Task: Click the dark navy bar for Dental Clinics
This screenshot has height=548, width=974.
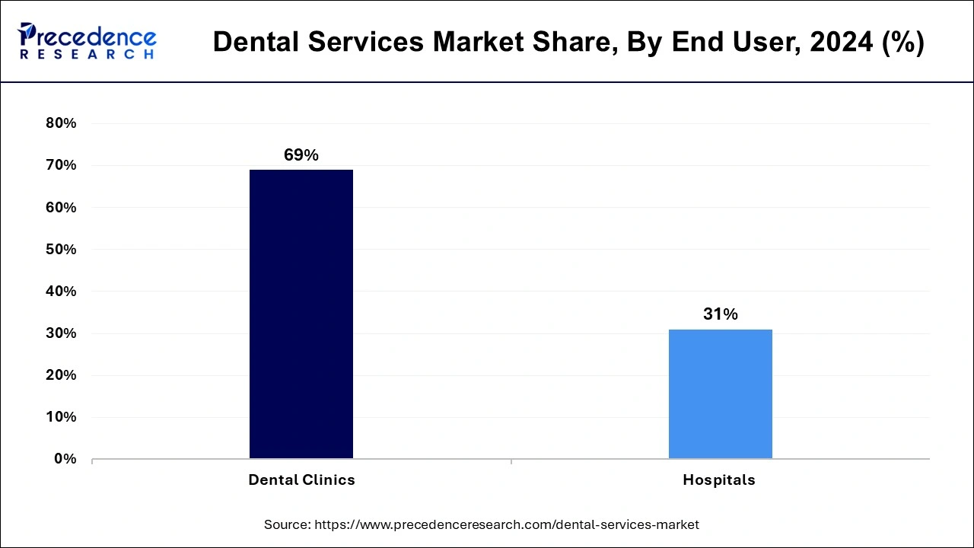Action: point(301,314)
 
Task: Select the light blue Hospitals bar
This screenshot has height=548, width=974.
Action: point(720,393)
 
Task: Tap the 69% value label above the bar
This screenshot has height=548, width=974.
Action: point(301,155)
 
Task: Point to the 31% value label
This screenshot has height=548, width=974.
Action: point(720,314)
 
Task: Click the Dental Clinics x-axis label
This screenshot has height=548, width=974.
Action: point(301,480)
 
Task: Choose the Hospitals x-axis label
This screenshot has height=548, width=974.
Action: point(719,480)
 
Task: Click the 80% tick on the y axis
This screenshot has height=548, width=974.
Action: point(62,123)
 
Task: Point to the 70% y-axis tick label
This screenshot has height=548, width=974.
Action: point(62,165)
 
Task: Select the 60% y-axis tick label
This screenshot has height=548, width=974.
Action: point(62,207)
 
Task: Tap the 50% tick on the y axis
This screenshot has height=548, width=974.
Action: point(62,250)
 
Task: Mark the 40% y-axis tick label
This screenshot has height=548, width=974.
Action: point(62,292)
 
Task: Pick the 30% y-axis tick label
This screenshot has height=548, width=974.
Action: point(62,333)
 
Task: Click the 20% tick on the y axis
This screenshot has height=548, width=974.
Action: point(62,375)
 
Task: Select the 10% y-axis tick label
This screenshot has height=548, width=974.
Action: point(62,417)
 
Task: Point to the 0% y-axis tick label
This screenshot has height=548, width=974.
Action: point(65,459)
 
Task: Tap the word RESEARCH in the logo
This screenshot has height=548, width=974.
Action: point(88,55)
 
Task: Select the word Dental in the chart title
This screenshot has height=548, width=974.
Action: point(253,43)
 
